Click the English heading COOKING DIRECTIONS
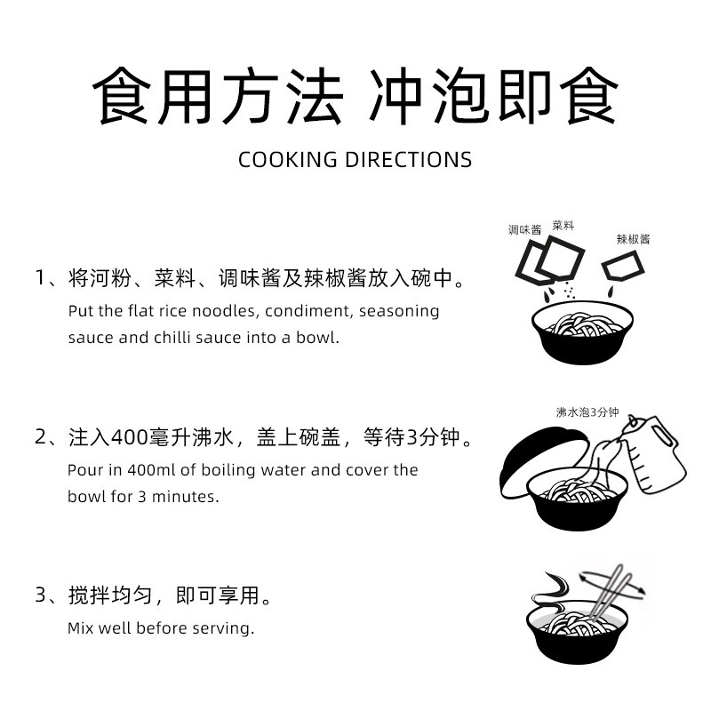point(355,160)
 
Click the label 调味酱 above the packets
point(524,230)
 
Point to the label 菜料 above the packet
point(563,226)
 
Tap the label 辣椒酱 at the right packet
point(633,239)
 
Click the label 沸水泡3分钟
point(587,412)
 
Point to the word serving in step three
point(226,627)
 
